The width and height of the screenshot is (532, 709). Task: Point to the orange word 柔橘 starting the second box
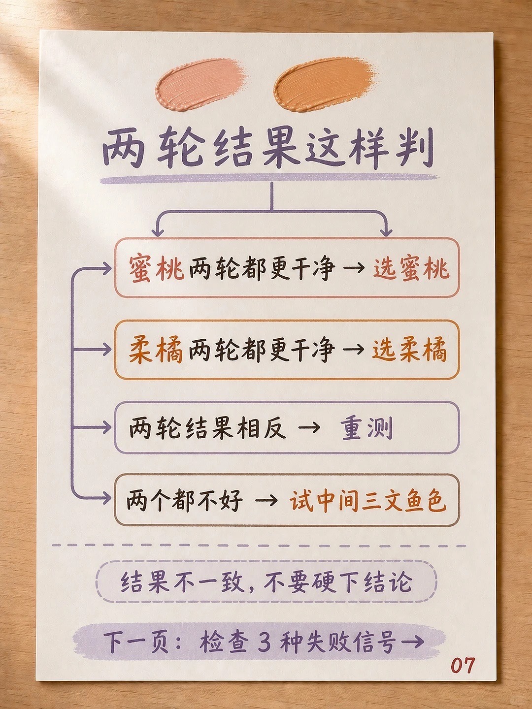coord(156,351)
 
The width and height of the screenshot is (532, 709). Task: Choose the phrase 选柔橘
coord(409,351)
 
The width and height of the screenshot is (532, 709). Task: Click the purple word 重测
coord(367,428)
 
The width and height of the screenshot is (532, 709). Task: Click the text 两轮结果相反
coord(208,428)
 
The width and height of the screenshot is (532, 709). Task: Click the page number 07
coord(463,665)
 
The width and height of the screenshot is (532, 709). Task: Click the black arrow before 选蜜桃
coord(354,268)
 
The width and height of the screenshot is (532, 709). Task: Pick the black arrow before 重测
coord(309,428)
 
